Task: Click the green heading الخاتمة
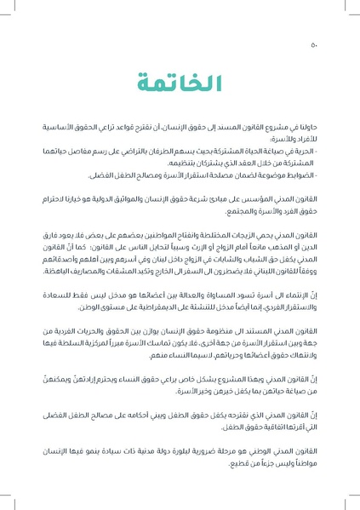[180, 83]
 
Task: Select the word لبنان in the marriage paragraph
[163, 256]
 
